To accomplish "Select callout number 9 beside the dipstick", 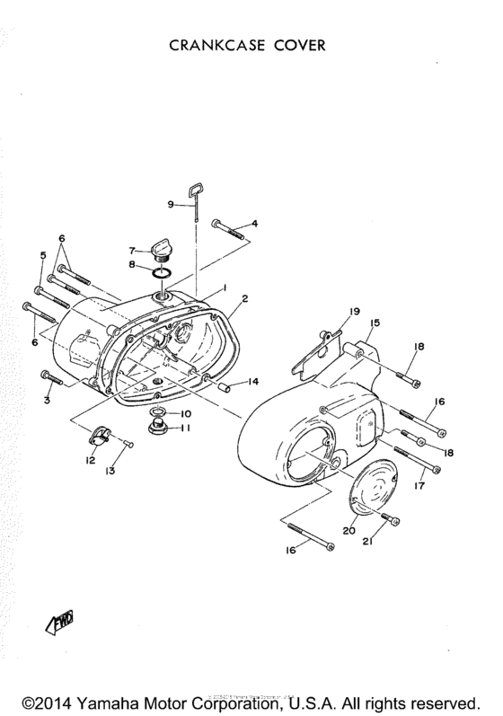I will (x=170, y=204).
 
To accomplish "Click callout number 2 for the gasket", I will (x=244, y=297).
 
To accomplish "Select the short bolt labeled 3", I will (x=50, y=377).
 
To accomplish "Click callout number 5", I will (x=41, y=256).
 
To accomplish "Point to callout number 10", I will (x=185, y=412).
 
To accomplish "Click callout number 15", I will (x=375, y=323).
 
